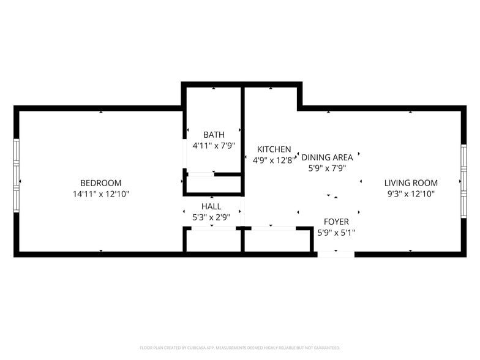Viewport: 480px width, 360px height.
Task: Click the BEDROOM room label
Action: pyautogui.click(x=100, y=183)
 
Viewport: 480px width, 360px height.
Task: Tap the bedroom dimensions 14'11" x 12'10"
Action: pyautogui.click(x=101, y=193)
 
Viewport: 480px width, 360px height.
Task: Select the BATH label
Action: pyautogui.click(x=214, y=135)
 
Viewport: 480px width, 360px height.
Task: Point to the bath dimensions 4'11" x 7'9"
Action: pyautogui.click(x=214, y=146)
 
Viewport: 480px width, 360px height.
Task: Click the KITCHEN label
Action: pyautogui.click(x=274, y=149)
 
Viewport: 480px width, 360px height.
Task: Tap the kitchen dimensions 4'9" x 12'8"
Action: pyautogui.click(x=274, y=160)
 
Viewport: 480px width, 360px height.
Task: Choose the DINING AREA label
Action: pyautogui.click(x=327, y=157)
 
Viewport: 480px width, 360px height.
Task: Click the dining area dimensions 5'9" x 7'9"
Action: pyautogui.click(x=327, y=168)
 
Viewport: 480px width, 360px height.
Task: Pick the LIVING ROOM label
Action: pyautogui.click(x=411, y=183)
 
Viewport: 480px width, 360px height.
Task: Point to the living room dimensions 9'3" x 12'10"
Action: pyautogui.click(x=411, y=193)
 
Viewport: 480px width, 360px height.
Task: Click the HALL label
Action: pyautogui.click(x=211, y=206)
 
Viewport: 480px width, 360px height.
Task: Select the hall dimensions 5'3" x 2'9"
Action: pyautogui.click(x=211, y=217)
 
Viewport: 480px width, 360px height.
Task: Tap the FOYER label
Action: pyautogui.click(x=336, y=222)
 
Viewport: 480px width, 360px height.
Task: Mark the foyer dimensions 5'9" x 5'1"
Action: pyautogui.click(x=336, y=233)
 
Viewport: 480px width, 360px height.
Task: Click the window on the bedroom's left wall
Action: pyautogui.click(x=17, y=176)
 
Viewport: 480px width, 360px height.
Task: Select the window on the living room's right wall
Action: pyautogui.click(x=463, y=181)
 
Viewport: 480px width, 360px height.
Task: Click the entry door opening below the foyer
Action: pyautogui.click(x=336, y=254)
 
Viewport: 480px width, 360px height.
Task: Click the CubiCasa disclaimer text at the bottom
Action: pyautogui.click(x=240, y=348)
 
